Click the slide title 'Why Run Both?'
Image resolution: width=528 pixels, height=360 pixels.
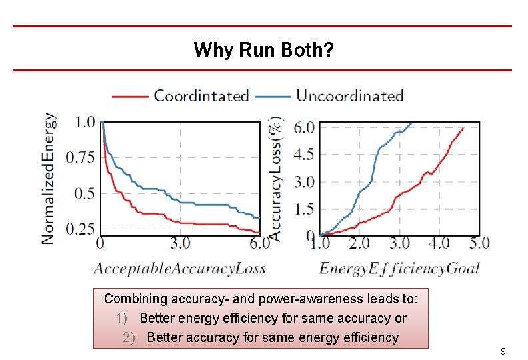pyautogui.click(x=264, y=49)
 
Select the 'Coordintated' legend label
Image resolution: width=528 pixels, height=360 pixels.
pyautogui.click(x=201, y=95)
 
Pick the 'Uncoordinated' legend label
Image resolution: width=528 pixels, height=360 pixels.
pyautogui.click(x=350, y=95)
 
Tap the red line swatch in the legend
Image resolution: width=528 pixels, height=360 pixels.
pyautogui.click(x=129, y=96)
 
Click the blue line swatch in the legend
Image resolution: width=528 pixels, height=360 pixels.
pyautogui.click(x=273, y=96)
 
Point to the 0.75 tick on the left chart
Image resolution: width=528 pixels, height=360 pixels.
pyautogui.click(x=80, y=157)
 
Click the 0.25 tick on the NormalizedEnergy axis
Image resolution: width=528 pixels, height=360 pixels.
pyautogui.click(x=80, y=229)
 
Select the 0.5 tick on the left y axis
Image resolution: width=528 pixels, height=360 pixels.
pyautogui.click(x=85, y=193)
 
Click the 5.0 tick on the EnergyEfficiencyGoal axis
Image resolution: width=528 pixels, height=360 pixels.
pyautogui.click(x=478, y=243)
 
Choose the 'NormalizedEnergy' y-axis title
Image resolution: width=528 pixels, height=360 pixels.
pyautogui.click(x=49, y=178)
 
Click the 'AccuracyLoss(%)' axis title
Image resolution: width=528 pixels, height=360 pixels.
pyautogui.click(x=275, y=178)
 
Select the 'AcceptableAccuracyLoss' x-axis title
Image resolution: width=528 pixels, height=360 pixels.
pyautogui.click(x=179, y=269)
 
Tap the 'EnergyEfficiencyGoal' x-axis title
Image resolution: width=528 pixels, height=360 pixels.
pyautogui.click(x=399, y=269)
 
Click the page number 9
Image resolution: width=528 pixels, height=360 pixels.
pyautogui.click(x=503, y=351)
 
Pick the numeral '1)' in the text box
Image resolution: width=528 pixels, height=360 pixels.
pyautogui.click(x=121, y=318)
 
